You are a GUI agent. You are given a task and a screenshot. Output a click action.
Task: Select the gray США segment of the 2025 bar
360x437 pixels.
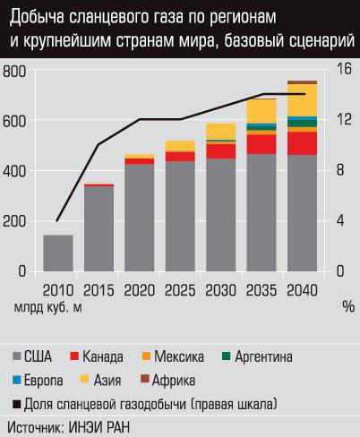point(180,215)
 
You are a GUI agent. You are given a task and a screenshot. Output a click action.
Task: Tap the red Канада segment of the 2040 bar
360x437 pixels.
point(302,142)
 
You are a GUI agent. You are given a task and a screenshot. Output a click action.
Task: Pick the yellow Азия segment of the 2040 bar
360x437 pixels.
point(302,99)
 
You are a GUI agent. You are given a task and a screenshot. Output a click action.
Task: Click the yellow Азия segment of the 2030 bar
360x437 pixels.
point(220,132)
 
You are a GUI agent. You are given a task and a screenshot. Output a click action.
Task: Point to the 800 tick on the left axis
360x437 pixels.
point(15,71)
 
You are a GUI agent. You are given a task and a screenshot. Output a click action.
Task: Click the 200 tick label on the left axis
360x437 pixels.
point(15,221)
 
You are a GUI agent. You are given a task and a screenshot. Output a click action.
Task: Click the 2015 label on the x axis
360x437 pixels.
point(99,289)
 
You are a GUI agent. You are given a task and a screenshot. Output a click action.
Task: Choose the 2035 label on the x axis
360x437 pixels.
point(261,289)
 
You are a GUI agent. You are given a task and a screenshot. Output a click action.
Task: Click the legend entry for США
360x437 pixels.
point(38,356)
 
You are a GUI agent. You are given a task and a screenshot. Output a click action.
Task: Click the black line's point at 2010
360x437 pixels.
point(58,220)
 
